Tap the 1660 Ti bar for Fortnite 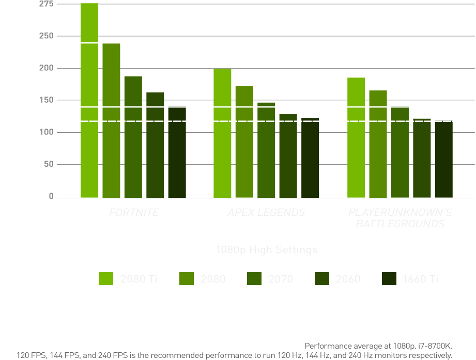click(177, 152)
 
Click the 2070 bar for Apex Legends click(266, 150)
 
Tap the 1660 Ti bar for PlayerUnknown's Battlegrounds click(443, 160)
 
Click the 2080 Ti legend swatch click(106, 278)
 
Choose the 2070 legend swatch click(255, 278)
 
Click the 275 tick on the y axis click(46, 4)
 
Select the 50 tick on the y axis click(48, 164)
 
